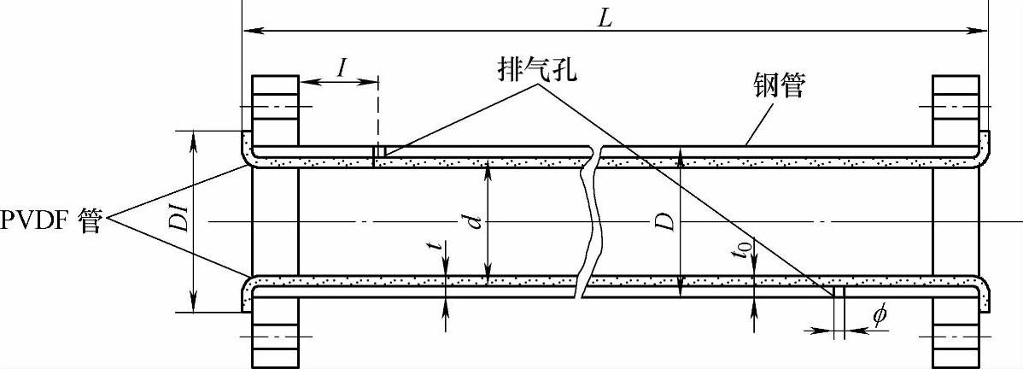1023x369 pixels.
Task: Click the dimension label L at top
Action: pos(604,18)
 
